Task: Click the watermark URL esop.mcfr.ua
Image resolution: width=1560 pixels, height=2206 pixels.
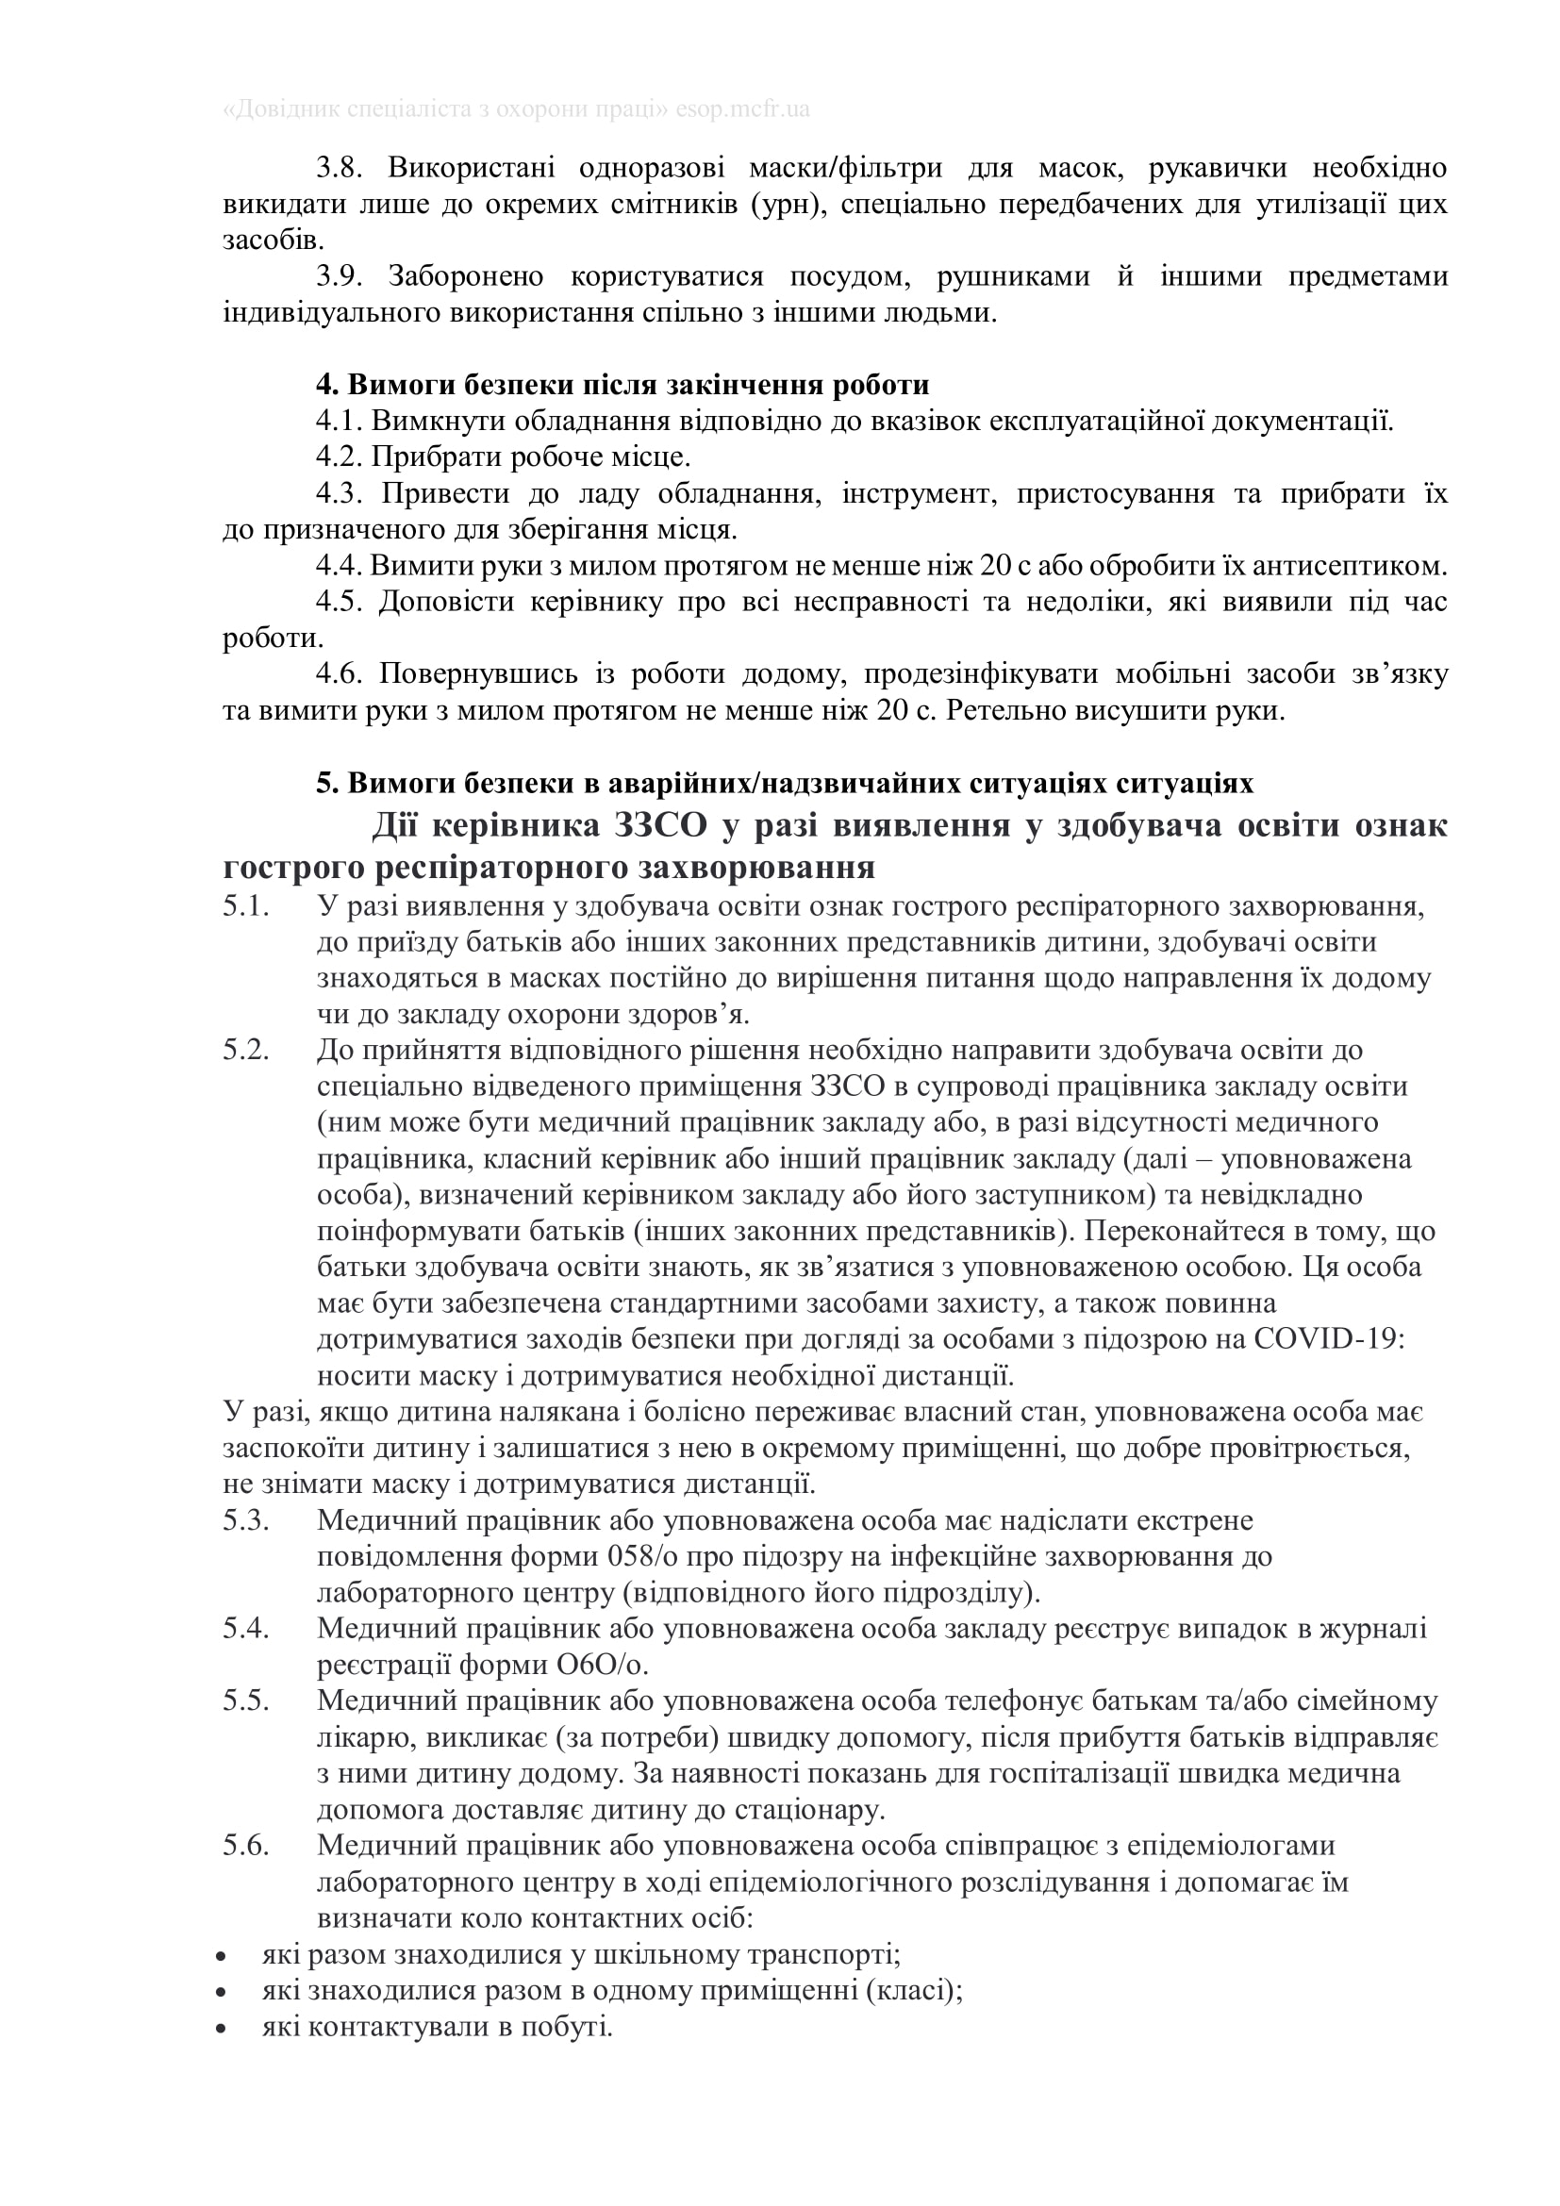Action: tap(742, 109)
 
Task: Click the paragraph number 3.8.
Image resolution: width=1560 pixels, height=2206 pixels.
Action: tap(340, 168)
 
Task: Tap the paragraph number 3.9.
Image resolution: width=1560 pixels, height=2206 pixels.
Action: tap(340, 276)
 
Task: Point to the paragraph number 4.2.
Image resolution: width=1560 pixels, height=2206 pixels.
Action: tap(340, 456)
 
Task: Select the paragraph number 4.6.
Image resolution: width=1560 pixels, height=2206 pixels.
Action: tap(340, 673)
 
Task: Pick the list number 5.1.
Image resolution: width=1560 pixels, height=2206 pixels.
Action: tap(246, 906)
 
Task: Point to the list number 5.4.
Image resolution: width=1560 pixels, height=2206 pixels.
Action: tap(246, 1628)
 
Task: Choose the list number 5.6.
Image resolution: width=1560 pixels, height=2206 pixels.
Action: tap(246, 1846)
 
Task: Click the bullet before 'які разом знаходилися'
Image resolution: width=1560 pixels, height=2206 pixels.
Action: tap(222, 1955)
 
